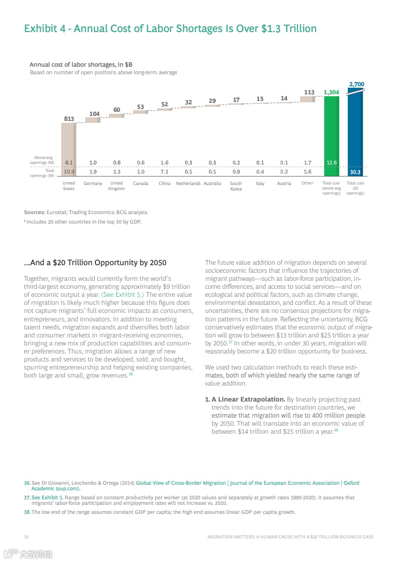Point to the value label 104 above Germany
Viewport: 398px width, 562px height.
pos(94,114)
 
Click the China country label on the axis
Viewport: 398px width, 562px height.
pos(165,183)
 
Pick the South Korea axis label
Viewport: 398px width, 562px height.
pos(236,186)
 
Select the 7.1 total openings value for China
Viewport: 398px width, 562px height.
pos(165,171)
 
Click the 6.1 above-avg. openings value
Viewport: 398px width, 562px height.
pos(69,162)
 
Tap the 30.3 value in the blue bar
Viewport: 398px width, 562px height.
pos(355,172)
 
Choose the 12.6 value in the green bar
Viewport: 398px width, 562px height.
pos(331,162)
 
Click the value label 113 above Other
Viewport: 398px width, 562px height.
pos(309,92)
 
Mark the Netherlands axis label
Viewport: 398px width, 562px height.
pos(188,183)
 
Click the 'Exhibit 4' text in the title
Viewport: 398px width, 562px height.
pos(47,29)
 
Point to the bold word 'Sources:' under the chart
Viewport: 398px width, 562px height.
pos(34,212)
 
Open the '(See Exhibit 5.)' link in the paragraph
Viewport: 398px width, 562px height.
pos(122,294)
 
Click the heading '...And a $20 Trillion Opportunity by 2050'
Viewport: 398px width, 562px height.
pos(95,263)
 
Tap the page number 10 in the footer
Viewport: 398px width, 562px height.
pos(26,536)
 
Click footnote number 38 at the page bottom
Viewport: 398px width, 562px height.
pos(27,512)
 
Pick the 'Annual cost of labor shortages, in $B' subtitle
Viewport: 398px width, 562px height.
pos(81,65)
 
